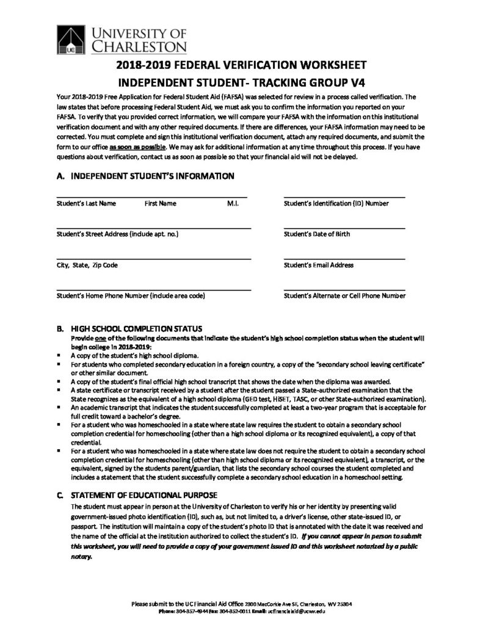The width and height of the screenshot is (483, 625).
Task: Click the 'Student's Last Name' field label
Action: pyautogui.click(x=85, y=203)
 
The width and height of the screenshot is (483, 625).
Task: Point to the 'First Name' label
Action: pyautogui.click(x=160, y=203)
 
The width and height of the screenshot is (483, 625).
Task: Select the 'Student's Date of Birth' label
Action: pyautogui.click(x=317, y=234)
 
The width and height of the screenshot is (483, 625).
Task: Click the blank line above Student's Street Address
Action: pyautogui.click(x=153, y=228)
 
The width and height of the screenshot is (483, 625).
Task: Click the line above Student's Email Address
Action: pyautogui.click(x=344, y=259)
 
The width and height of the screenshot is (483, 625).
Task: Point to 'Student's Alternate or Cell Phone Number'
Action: pyautogui.click(x=344, y=296)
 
